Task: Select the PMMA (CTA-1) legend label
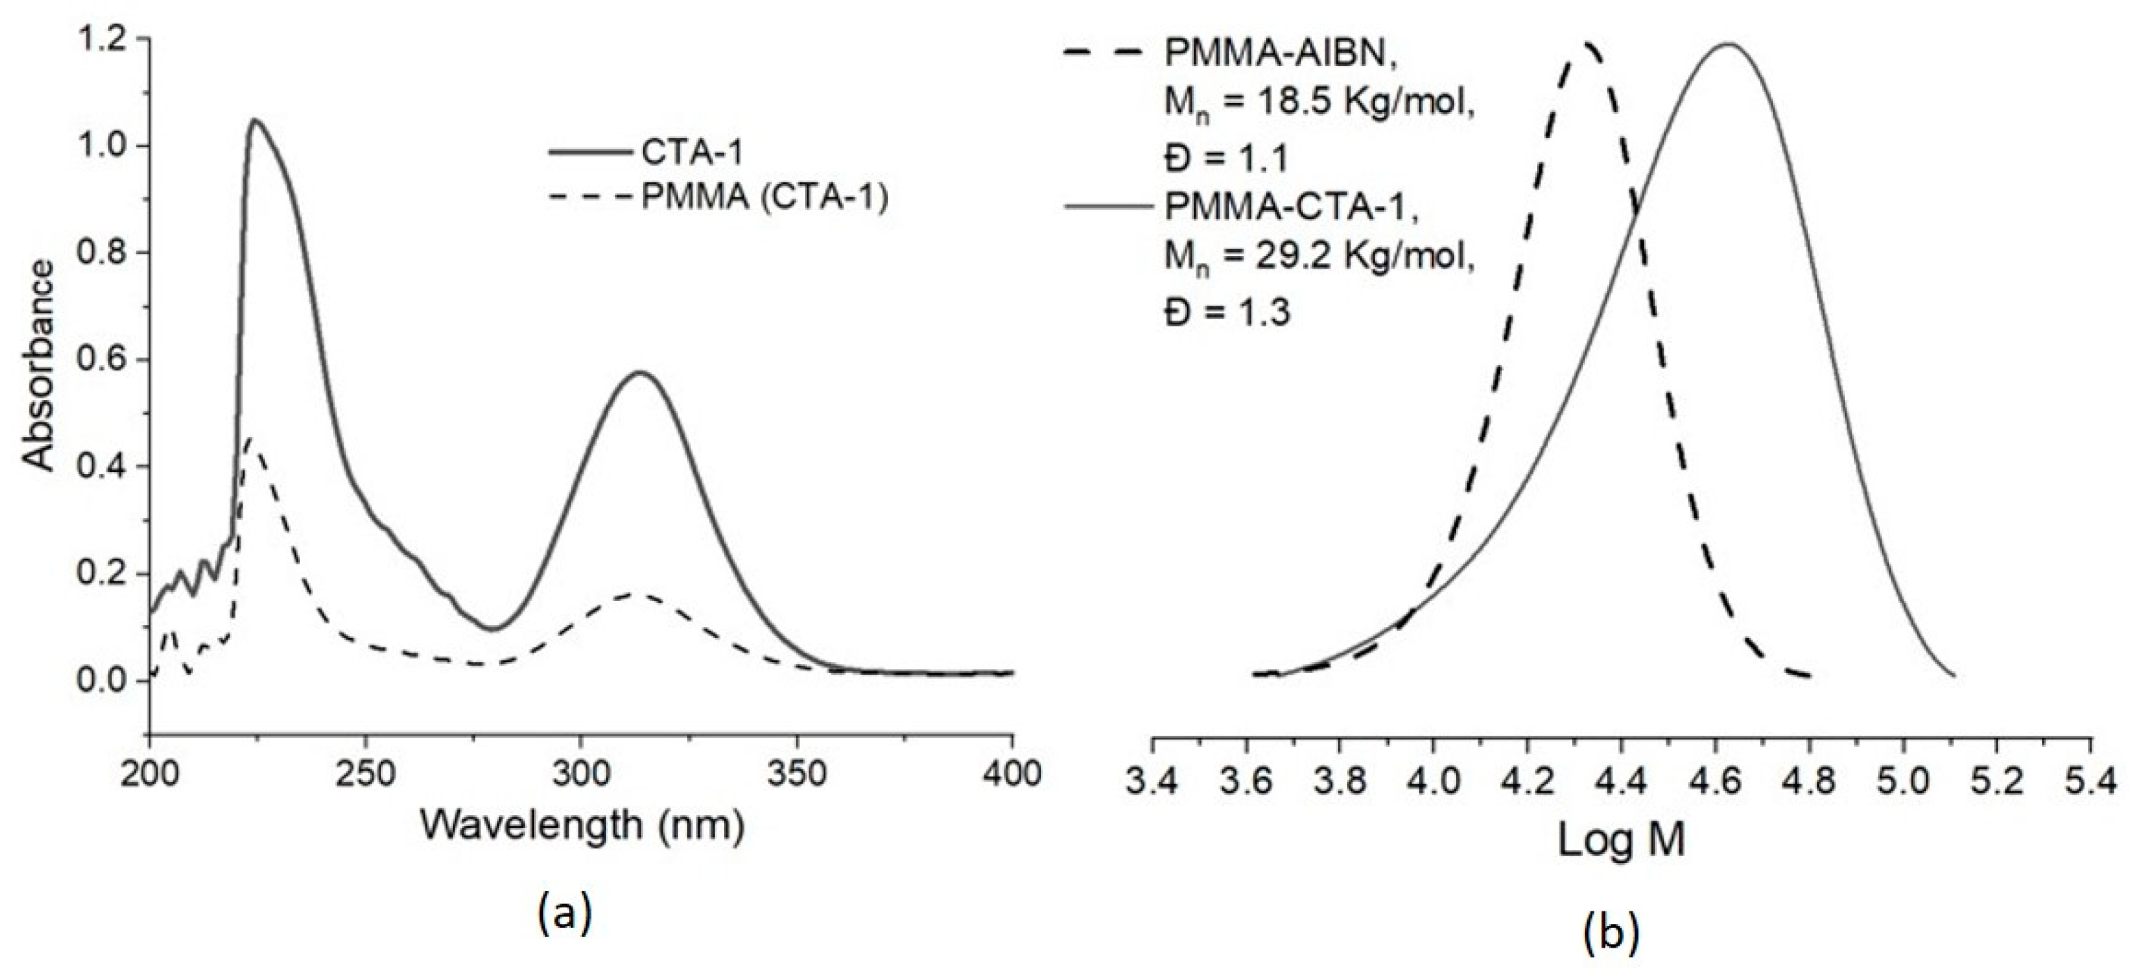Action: tap(764, 199)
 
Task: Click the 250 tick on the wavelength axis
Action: tap(365, 773)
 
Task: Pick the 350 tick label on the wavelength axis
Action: tap(797, 773)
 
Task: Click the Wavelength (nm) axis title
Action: tap(582, 826)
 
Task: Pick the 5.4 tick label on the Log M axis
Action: tap(2092, 783)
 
